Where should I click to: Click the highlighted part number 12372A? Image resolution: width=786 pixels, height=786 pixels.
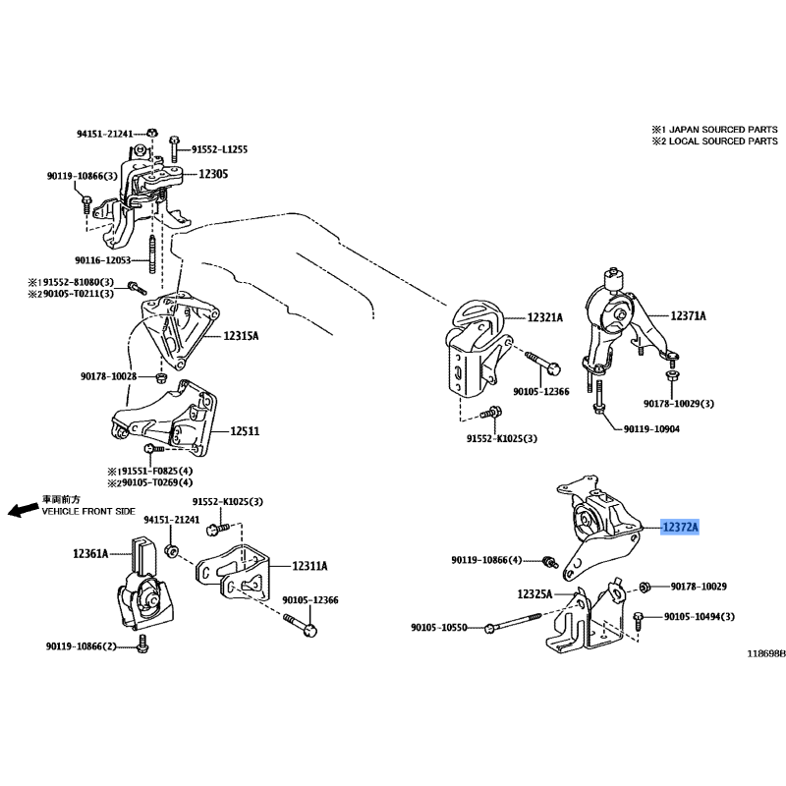[680, 527]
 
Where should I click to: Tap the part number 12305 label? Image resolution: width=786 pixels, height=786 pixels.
[213, 174]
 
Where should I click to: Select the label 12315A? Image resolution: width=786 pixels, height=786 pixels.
[241, 336]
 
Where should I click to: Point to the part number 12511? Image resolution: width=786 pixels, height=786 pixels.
[245, 431]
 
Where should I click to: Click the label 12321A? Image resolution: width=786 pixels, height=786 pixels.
[545, 317]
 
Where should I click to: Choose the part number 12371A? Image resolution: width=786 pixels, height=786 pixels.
[689, 315]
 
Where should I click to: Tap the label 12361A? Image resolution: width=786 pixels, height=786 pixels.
[90, 553]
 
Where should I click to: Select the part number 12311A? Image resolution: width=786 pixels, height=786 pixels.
[309, 566]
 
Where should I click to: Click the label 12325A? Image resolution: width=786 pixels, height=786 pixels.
[534, 594]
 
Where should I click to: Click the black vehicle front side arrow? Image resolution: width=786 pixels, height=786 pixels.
[23, 510]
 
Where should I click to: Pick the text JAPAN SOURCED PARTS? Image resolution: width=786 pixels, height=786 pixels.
[723, 130]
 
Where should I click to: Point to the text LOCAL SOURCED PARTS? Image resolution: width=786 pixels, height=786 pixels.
[723, 141]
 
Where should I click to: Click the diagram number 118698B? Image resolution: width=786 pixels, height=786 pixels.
[766, 653]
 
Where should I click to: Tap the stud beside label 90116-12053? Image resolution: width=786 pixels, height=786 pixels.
[152, 254]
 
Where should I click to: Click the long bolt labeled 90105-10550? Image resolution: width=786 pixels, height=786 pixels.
[513, 622]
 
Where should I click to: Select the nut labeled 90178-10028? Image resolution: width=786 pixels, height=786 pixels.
[161, 376]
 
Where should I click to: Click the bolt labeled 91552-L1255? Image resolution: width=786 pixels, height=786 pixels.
[174, 148]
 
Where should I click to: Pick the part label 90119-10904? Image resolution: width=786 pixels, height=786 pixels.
[651, 429]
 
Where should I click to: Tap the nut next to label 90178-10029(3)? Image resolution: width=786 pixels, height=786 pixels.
[671, 374]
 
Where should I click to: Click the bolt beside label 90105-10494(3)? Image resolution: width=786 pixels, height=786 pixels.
[639, 620]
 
